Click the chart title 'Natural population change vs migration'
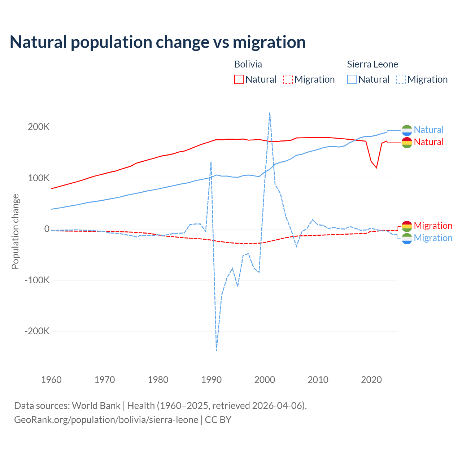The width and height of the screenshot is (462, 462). [x=158, y=42]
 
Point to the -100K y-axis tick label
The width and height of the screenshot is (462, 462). [x=36, y=280]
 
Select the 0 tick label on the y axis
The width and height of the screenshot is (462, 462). [x=47, y=229]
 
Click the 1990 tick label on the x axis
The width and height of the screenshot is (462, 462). [x=211, y=380]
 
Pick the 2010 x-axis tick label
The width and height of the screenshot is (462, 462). [x=318, y=380]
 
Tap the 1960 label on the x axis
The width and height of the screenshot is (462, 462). [x=52, y=380]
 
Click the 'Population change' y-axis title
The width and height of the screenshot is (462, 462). [x=15, y=232]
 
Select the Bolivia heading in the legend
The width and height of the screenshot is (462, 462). [x=248, y=64]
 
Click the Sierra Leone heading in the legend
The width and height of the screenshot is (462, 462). [x=372, y=64]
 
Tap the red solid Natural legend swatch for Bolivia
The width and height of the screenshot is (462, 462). [x=239, y=79]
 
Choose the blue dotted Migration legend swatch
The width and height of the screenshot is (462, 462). [x=401, y=79]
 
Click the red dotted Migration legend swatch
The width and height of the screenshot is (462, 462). [x=288, y=79]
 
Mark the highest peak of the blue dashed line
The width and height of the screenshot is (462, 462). [x=270, y=113]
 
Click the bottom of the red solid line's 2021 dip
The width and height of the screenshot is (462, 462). [x=376, y=167]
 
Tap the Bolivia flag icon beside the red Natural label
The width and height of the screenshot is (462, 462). [x=407, y=143]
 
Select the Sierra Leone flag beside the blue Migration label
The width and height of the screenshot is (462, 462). [x=407, y=238]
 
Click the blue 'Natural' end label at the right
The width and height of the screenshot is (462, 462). [x=428, y=130]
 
